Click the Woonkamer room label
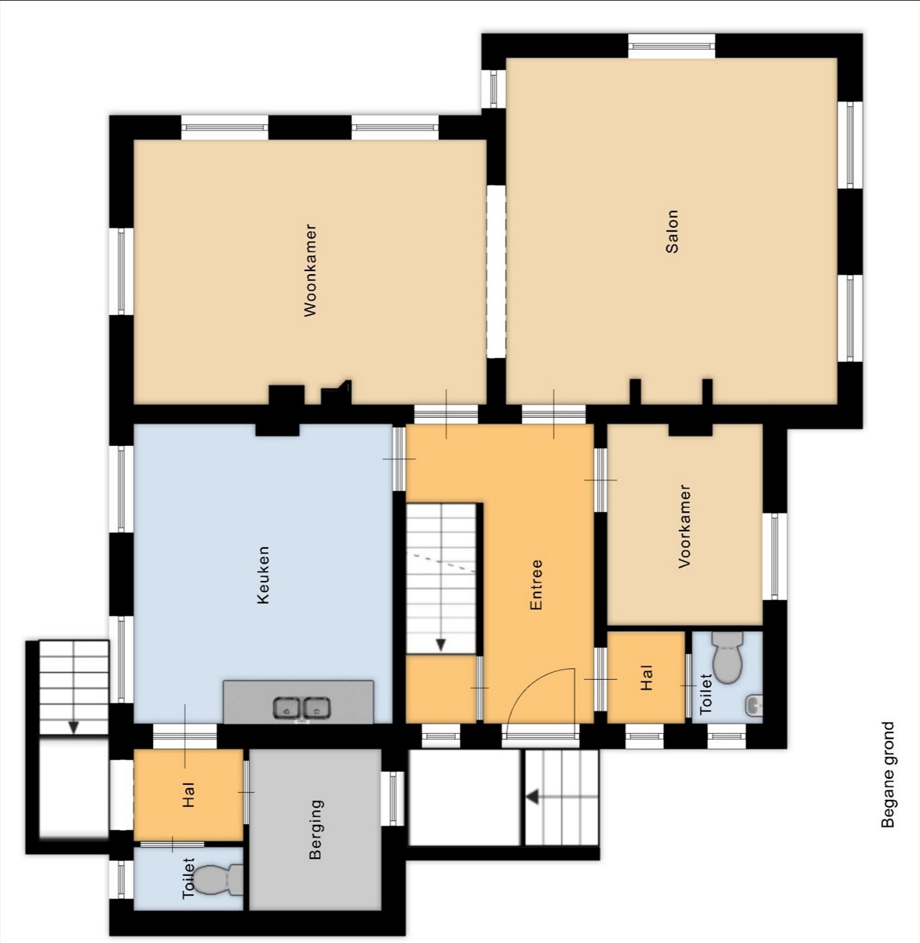coord(310,270)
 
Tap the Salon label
coord(672,231)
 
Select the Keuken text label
coord(263,574)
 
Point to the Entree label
coord(536,584)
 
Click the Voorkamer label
coord(684,526)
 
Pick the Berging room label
coord(316,829)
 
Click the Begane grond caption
coord(888,775)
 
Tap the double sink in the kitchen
coord(302,708)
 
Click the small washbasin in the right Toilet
coord(754,705)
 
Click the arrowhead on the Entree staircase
coord(440,645)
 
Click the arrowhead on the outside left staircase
coord(73,727)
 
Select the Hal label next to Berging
coord(189,795)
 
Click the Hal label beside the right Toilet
coord(646,678)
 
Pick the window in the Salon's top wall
coord(672,46)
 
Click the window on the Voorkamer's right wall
coord(775,556)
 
